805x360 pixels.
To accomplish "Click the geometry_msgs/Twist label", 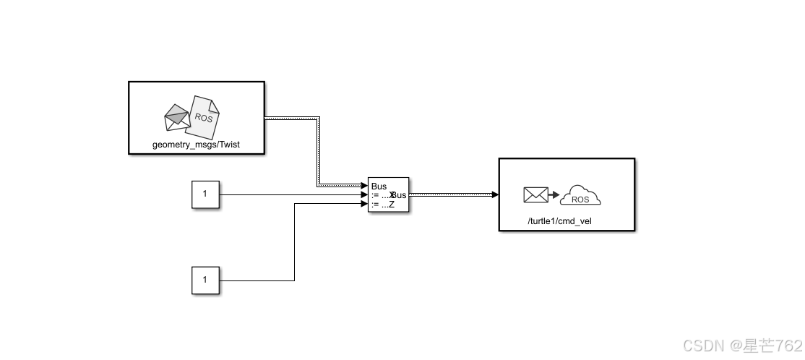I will tap(196, 145).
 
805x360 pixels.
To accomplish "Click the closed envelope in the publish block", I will tap(535, 194).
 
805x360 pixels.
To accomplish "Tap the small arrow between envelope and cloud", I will tap(554, 195).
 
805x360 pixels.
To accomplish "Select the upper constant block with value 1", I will tap(205, 194).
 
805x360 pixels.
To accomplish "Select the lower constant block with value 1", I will tap(205, 280).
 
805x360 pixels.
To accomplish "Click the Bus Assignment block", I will tap(389, 194).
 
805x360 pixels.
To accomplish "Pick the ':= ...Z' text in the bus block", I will tap(382, 205).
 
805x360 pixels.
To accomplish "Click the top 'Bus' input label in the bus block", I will tap(379, 187).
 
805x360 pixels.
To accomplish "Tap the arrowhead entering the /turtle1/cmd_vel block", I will tap(494, 194).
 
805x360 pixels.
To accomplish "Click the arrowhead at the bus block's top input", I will tap(364, 186).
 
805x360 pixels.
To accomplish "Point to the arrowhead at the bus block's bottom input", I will tap(364, 204).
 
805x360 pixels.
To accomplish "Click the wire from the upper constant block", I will tap(289, 194).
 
